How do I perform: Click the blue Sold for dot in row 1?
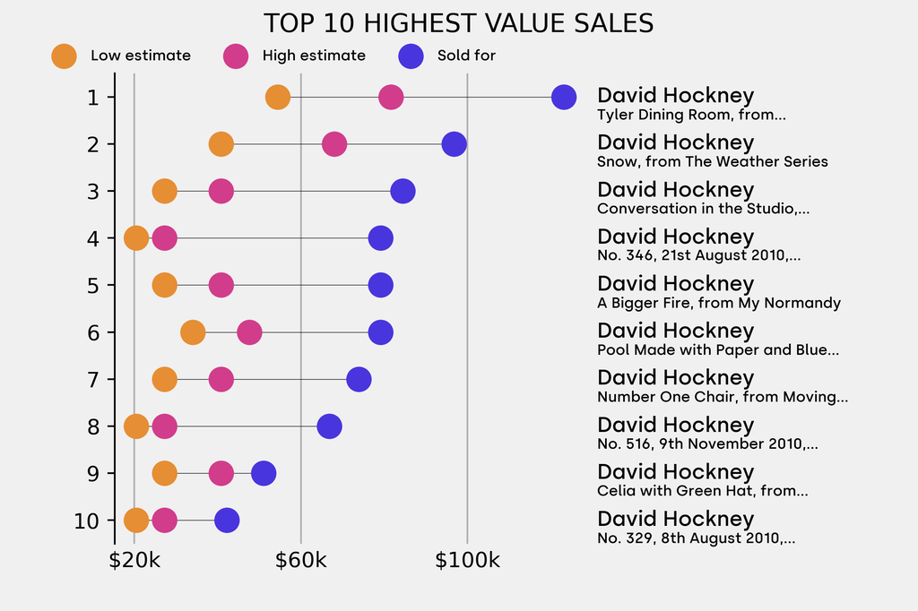coord(563,97)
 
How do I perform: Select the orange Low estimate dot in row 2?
coord(221,144)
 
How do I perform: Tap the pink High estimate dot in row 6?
coord(249,332)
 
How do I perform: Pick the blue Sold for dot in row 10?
coord(227,521)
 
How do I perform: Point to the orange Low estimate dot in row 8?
coord(135,426)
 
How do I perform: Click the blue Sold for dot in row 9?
coord(264,473)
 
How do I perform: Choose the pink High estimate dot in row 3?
coord(221,191)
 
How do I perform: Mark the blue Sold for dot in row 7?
coord(359,379)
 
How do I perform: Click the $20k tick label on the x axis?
coord(134,561)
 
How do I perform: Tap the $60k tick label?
coord(301,561)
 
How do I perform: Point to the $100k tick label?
coord(467,561)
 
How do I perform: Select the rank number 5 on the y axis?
coord(93,285)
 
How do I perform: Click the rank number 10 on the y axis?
coord(87,521)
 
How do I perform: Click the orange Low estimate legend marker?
coord(64,56)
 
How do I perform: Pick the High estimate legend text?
coord(314,56)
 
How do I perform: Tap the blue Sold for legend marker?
coord(410,56)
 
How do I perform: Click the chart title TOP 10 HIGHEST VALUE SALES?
coord(458,23)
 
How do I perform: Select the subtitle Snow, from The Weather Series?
coord(712,162)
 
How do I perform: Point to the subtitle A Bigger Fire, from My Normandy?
coord(718,303)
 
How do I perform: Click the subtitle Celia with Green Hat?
coord(702,491)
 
